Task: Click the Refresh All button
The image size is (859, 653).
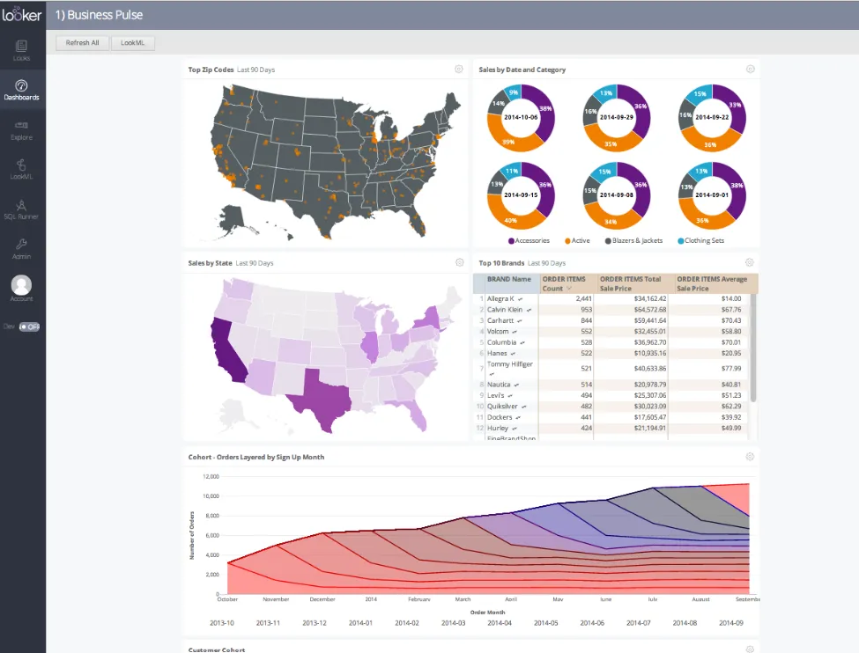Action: click(83, 42)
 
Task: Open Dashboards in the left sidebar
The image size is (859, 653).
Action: click(21, 89)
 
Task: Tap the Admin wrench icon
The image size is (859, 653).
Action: click(21, 245)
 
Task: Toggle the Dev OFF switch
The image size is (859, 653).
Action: click(29, 326)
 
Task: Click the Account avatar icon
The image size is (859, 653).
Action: click(21, 285)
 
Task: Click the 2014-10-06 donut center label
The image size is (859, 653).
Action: click(521, 116)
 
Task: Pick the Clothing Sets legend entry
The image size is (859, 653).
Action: click(705, 240)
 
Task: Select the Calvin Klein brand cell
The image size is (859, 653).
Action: click(505, 310)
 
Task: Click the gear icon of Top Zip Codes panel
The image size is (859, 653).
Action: click(459, 69)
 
